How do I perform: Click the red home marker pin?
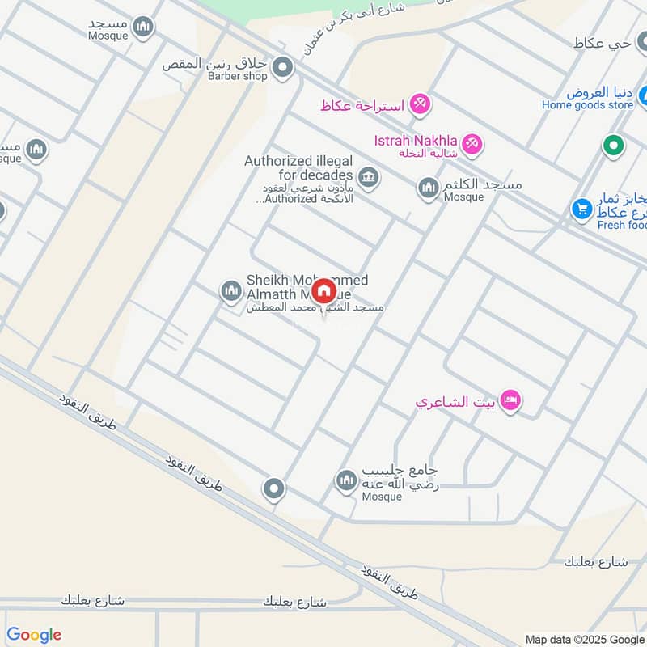click(x=323, y=291)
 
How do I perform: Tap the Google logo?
click(x=34, y=635)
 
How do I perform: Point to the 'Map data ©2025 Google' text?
click(x=584, y=638)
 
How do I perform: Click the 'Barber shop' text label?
click(x=237, y=77)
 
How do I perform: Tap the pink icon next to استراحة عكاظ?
click(x=420, y=104)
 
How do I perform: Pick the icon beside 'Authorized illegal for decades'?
click(x=368, y=177)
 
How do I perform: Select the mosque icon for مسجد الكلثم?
click(x=428, y=189)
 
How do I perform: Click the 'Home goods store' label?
click(x=587, y=104)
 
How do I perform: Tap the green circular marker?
click(x=614, y=146)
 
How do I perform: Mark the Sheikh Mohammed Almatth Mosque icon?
click(x=231, y=290)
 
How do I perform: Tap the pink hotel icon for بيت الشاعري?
click(x=510, y=400)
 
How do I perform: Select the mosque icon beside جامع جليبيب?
click(x=347, y=481)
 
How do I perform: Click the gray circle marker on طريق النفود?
click(x=274, y=488)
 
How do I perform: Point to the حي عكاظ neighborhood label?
click(x=610, y=44)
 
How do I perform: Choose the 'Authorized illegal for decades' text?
click(x=299, y=168)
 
